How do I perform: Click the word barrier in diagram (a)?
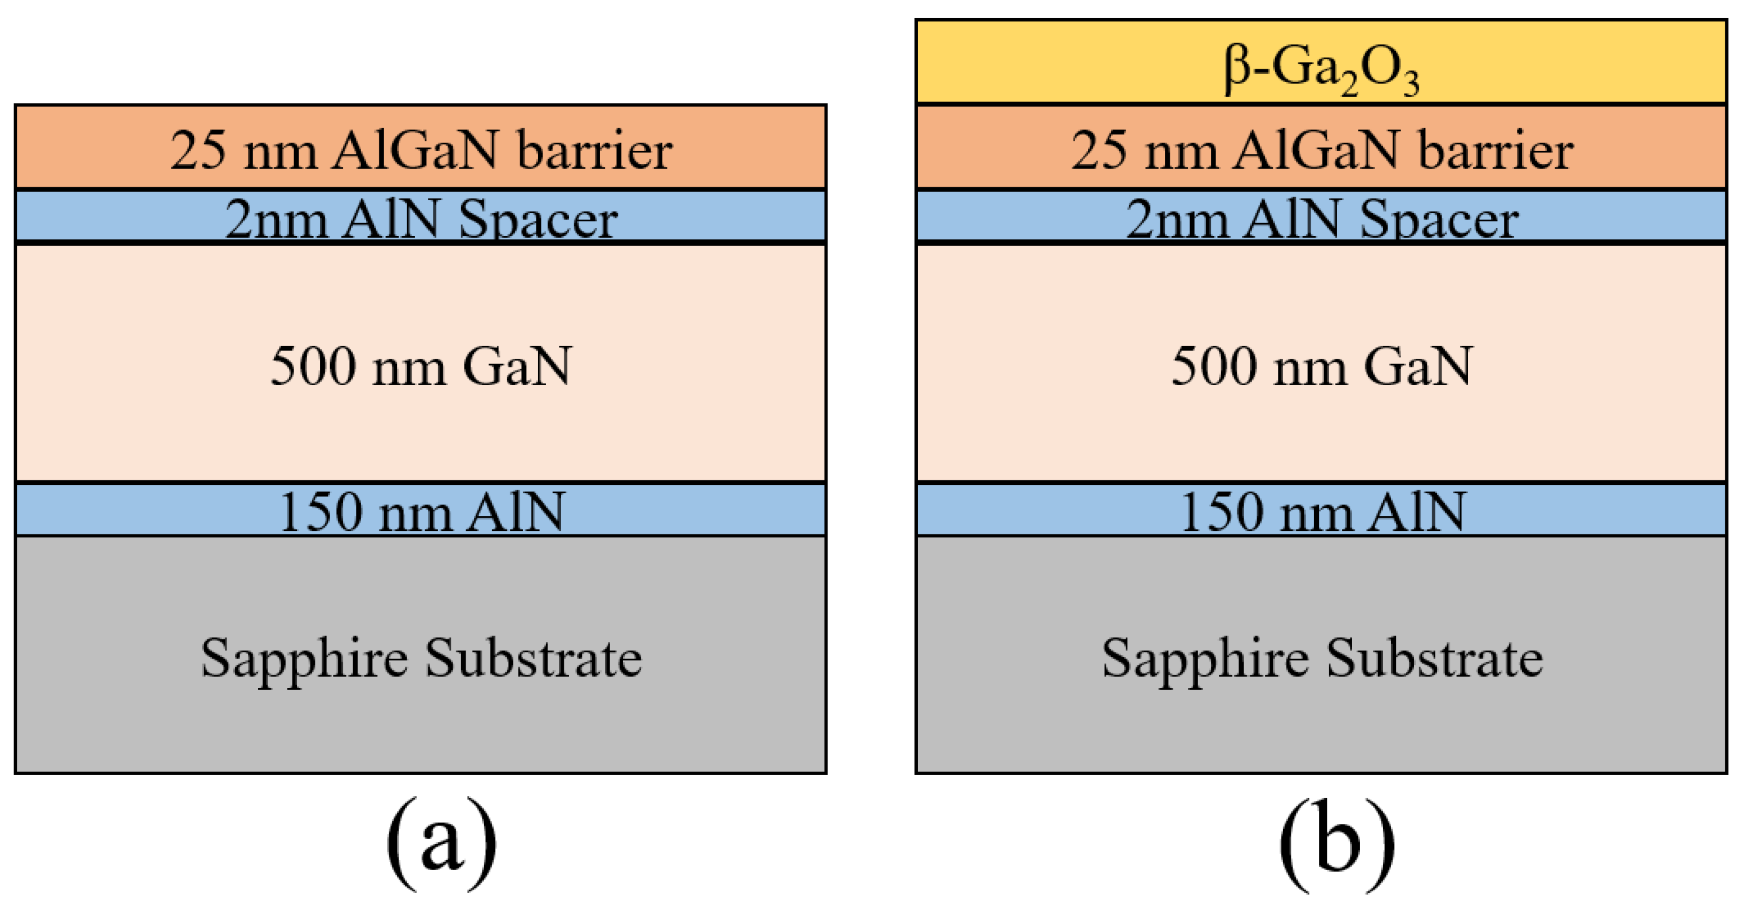click(594, 150)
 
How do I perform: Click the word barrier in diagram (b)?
click(1495, 150)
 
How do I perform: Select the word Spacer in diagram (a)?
click(537, 220)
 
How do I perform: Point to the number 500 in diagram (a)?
click(313, 366)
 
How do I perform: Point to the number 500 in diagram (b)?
click(1214, 366)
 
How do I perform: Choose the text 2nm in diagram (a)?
click(276, 220)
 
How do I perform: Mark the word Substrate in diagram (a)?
click(533, 658)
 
